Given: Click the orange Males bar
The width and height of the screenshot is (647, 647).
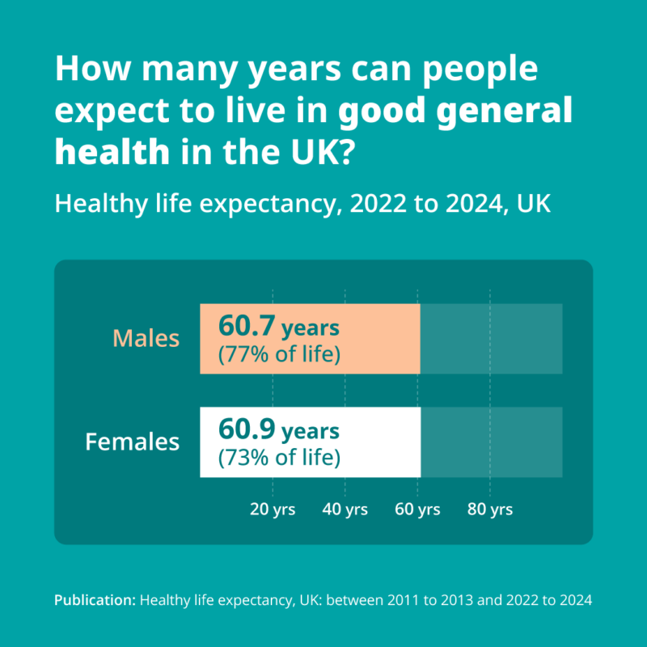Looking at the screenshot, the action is pyautogui.click(x=310, y=339).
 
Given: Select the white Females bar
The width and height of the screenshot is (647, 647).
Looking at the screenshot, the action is pyautogui.click(x=311, y=442).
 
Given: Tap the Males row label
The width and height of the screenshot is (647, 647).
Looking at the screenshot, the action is pyautogui.click(x=146, y=339).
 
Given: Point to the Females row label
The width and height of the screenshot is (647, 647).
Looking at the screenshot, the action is pyautogui.click(x=133, y=442).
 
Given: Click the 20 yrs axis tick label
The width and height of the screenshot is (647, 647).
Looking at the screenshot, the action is pyautogui.click(x=273, y=510).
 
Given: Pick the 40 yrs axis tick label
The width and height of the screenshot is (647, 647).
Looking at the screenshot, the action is pyautogui.click(x=345, y=510).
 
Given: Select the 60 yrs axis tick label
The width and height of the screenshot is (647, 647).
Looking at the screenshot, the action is pyautogui.click(x=417, y=510).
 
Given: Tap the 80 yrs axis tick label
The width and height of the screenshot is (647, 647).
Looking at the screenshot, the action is pyautogui.click(x=490, y=510).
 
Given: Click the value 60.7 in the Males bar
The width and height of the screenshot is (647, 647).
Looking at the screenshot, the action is pyautogui.click(x=247, y=326).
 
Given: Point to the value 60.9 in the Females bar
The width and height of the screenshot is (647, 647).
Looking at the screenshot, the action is pyautogui.click(x=247, y=429).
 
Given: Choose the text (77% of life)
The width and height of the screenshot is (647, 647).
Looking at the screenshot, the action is pyautogui.click(x=279, y=354).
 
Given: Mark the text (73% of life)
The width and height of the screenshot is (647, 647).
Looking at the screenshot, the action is pyautogui.click(x=279, y=458).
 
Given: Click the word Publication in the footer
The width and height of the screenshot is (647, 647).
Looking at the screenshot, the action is pyautogui.click(x=95, y=600).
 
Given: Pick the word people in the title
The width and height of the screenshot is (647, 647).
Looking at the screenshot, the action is pyautogui.click(x=480, y=70).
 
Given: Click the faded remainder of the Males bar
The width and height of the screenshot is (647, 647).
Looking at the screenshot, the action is pyautogui.click(x=491, y=339).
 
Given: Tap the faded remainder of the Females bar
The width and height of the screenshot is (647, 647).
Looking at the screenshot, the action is pyautogui.click(x=492, y=442).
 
